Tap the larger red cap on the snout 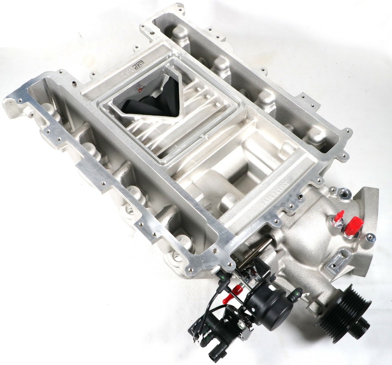[x=353, y=226]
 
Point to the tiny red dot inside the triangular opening [x=140, y=89]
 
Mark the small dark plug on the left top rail [x=74, y=84]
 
